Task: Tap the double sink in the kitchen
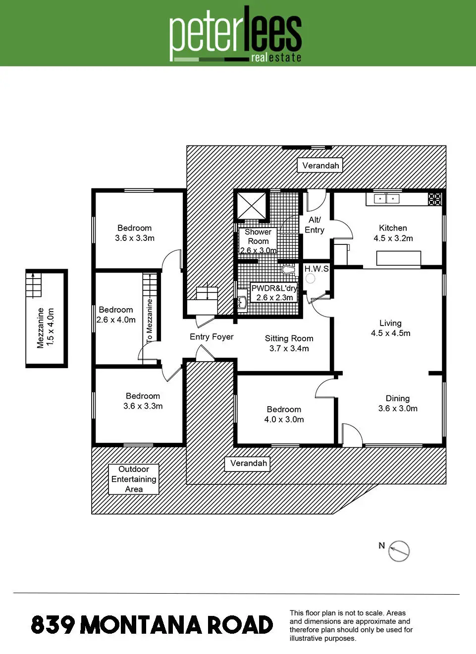(386, 199)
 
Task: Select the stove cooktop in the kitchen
(435, 199)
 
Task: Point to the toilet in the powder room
(289, 269)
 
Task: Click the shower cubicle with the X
(252, 205)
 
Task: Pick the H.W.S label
(317, 269)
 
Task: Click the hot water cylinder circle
(310, 279)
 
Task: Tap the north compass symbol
(399, 551)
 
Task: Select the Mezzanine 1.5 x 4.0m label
(46, 327)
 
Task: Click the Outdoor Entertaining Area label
(134, 479)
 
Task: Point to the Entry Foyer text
(212, 336)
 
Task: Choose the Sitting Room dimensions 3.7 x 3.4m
(289, 348)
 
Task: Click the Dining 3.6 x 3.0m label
(398, 403)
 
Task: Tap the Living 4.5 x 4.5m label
(391, 328)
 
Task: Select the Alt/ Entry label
(315, 225)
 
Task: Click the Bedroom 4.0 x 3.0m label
(284, 414)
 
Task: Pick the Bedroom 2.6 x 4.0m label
(116, 315)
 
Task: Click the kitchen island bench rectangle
(399, 258)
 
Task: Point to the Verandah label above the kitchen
(320, 166)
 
